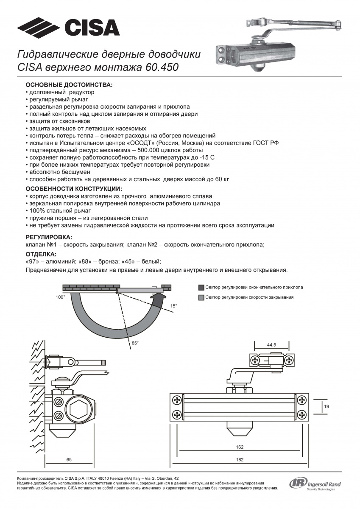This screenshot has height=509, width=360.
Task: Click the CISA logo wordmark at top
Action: point(92,28)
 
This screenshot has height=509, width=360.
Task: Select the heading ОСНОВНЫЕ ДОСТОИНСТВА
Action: point(69,85)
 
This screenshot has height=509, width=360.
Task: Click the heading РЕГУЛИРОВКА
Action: point(49,237)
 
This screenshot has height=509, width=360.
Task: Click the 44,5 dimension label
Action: point(271,345)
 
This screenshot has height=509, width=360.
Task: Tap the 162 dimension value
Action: point(240,447)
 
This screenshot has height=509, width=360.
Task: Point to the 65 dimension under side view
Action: point(69,459)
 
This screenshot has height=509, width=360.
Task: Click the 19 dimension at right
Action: point(327,407)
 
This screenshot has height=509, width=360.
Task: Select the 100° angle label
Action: point(60,298)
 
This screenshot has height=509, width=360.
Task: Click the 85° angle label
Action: point(135,343)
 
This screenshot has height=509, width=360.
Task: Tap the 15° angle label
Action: point(173,305)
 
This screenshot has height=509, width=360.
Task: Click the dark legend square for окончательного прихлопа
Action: point(201,287)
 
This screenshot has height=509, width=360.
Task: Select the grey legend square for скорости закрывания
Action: point(201,297)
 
